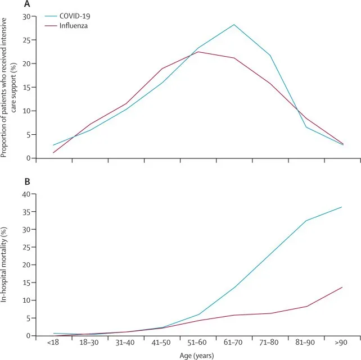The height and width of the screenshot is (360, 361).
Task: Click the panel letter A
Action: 26,4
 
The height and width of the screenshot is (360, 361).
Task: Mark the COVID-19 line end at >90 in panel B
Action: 342,207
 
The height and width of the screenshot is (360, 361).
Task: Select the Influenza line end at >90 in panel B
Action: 342,288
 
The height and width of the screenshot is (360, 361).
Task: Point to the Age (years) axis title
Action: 197,355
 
